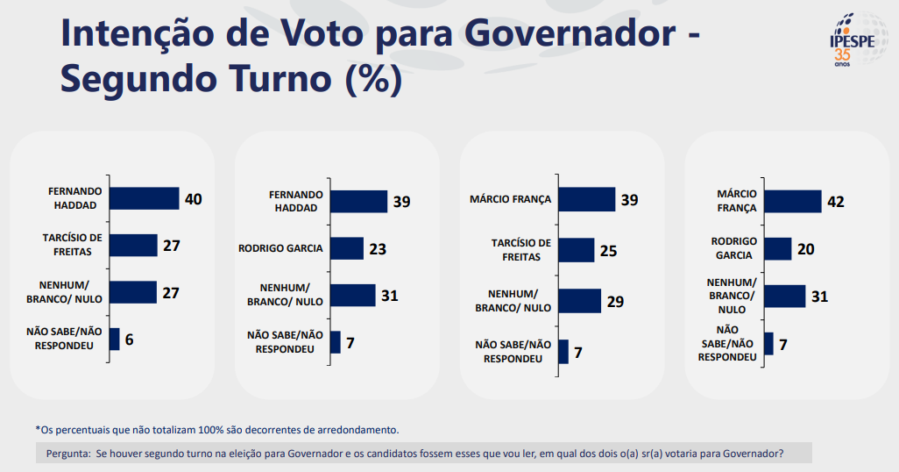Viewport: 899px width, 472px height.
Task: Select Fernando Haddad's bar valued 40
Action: tap(144, 198)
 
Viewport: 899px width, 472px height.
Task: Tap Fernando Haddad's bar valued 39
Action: tap(358, 201)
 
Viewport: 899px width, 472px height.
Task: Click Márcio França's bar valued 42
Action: tap(793, 201)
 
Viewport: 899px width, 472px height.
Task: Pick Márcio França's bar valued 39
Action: tap(586, 199)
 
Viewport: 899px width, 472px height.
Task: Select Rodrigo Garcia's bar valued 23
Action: tap(346, 248)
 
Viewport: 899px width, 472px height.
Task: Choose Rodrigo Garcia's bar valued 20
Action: tap(778, 248)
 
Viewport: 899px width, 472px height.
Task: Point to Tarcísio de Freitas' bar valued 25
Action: tap(576, 250)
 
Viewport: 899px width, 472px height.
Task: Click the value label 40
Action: tap(194, 199)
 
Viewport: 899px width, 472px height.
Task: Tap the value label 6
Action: tap(129, 340)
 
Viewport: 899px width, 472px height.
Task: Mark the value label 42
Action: tap(836, 202)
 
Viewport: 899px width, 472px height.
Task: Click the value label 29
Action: tap(616, 302)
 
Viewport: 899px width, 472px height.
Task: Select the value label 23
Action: tap(378, 249)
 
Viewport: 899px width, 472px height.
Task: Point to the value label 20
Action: tap(805, 249)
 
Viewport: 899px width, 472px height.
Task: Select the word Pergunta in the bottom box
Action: tap(67, 454)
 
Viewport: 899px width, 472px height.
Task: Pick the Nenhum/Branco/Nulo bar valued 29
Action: tap(579, 301)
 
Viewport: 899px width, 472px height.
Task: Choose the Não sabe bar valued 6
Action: tap(114, 339)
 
